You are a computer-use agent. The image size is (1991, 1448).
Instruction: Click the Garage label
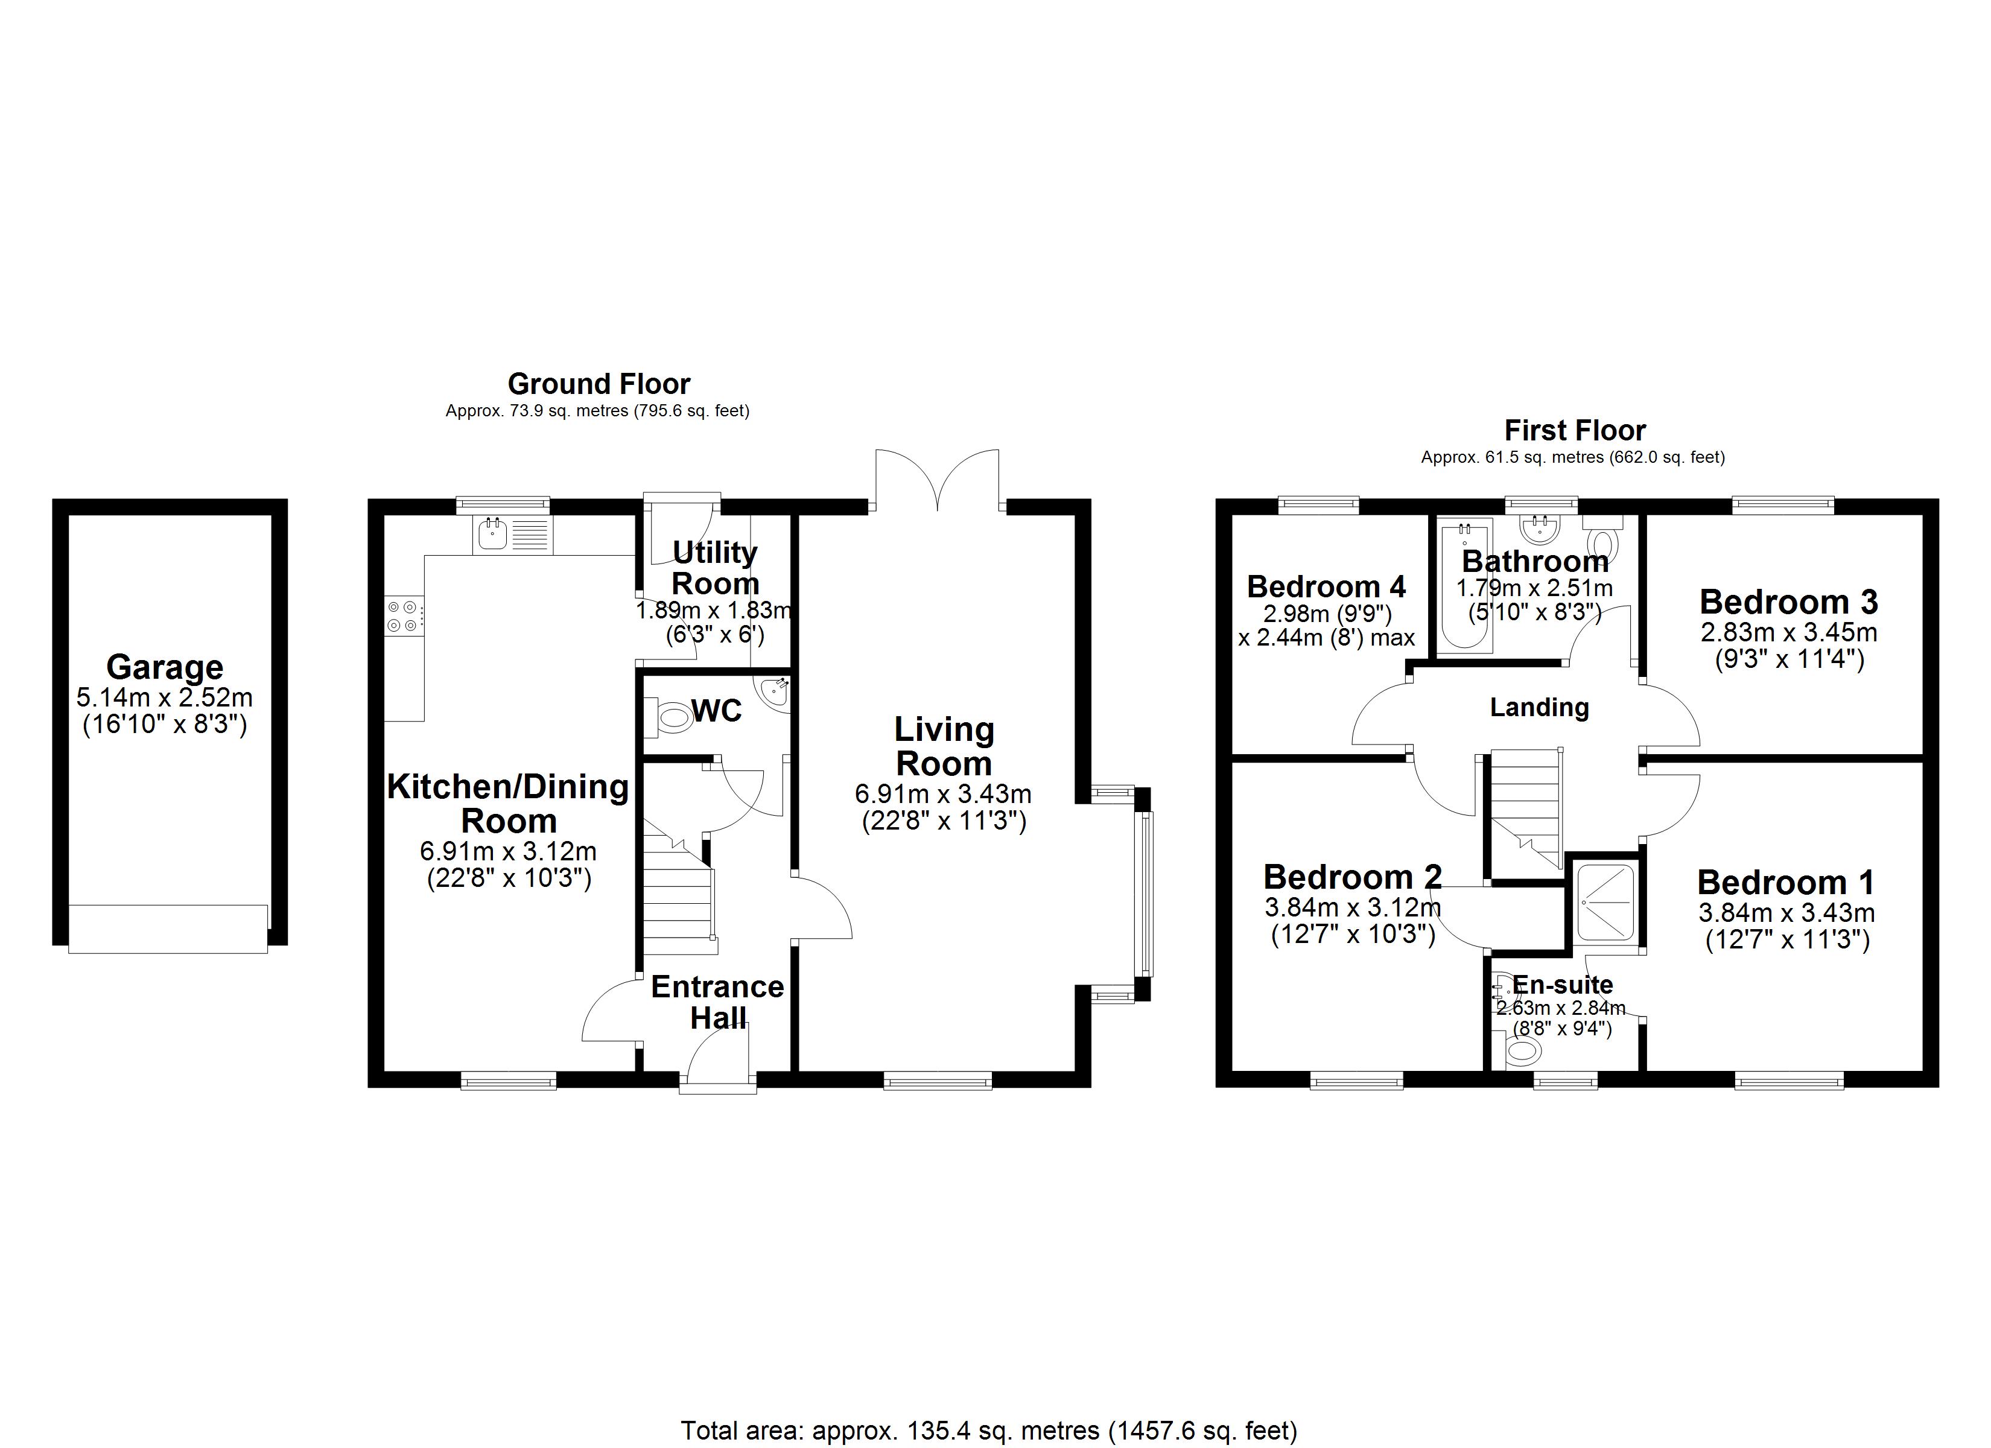(165, 667)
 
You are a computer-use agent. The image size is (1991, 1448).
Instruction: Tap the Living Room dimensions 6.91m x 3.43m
(943, 794)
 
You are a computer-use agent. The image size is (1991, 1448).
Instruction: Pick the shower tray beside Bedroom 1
(1605, 902)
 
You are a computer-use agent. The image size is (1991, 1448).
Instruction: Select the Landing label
(1539, 707)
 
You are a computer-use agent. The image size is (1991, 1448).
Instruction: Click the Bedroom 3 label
(1788, 602)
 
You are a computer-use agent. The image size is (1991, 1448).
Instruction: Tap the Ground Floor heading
(599, 384)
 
